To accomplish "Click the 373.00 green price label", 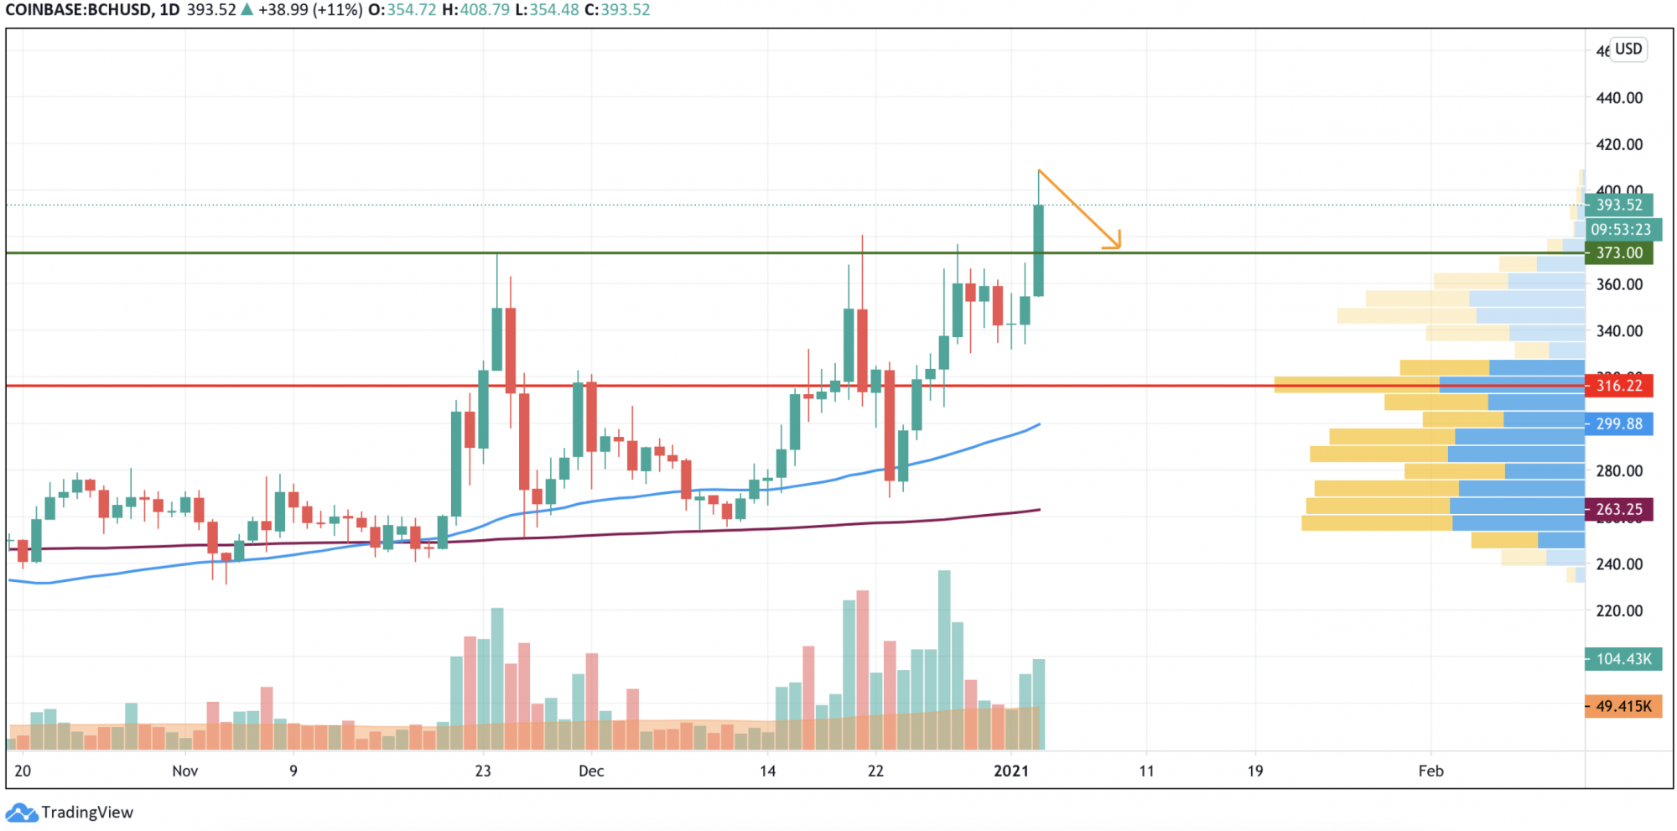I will click(x=1618, y=252).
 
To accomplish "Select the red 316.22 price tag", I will click(x=1618, y=386).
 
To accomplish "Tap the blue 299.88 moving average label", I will click(x=1618, y=423).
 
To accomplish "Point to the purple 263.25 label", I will click(x=1618, y=509).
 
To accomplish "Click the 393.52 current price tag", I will click(x=1618, y=205).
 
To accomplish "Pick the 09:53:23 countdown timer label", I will click(x=1620, y=229).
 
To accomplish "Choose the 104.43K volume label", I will click(x=1622, y=659).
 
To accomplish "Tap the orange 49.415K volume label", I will click(x=1622, y=706).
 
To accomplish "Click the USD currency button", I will click(x=1628, y=49).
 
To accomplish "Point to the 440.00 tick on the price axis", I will click(x=1619, y=98).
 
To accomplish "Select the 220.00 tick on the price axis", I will click(x=1619, y=610).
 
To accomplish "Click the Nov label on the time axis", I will click(x=184, y=771).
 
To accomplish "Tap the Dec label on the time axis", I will click(x=591, y=771).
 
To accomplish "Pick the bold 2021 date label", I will click(x=1011, y=771).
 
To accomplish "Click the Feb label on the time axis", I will click(x=1430, y=771).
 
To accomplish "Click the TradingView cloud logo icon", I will click(x=21, y=813).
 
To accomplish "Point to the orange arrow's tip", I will click(x=1119, y=247).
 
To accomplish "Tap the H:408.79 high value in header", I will click(x=475, y=10).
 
